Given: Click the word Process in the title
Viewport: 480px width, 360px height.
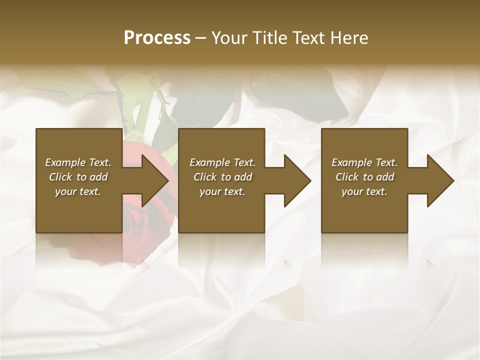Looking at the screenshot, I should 157,38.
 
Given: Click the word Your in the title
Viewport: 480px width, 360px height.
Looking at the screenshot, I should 228,38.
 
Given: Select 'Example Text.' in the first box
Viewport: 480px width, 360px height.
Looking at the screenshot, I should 78,162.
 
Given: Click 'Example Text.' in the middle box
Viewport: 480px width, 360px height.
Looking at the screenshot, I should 222,162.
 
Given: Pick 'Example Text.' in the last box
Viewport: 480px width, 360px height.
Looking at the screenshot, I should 364,162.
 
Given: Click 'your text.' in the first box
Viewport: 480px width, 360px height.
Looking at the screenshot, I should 78,191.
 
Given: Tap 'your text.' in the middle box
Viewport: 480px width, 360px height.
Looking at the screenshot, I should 222,191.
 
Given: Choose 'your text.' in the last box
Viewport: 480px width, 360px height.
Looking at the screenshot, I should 364,191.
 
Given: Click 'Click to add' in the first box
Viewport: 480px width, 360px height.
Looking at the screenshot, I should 78,177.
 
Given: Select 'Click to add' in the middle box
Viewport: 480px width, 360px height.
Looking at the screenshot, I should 222,177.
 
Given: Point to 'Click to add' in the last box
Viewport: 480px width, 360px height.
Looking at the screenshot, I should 364,177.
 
